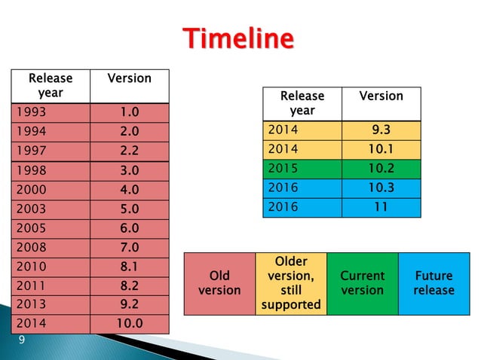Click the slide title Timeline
[x=240, y=38]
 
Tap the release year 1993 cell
[x=50, y=112]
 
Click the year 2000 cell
[x=50, y=189]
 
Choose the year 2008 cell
[x=50, y=247]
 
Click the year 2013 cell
[x=50, y=305]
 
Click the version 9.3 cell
[x=381, y=130]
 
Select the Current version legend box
[x=362, y=283]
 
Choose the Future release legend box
[x=434, y=283]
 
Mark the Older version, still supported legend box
[x=291, y=283]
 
